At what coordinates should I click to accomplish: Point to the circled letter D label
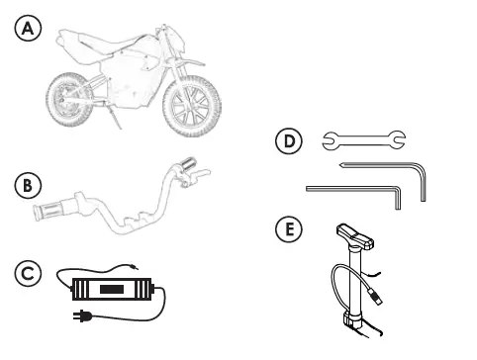click(x=287, y=141)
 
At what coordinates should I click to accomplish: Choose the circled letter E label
click(x=287, y=230)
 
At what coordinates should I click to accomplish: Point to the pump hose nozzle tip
click(x=377, y=295)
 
